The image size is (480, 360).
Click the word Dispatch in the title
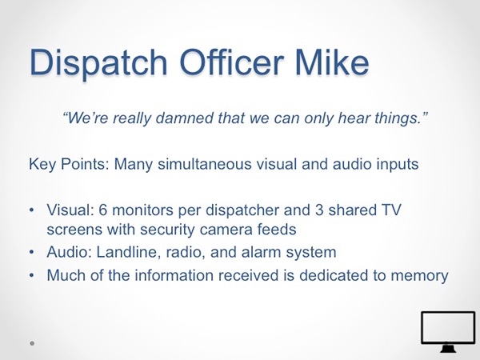click(98, 63)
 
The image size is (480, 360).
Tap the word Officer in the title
click(231, 62)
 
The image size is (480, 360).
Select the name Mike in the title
click(332, 62)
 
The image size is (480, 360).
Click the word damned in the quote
click(182, 118)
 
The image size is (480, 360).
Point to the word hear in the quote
click(351, 118)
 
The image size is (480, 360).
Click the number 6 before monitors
click(103, 210)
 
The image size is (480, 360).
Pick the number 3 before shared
click(319, 210)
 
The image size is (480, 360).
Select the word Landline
click(128, 252)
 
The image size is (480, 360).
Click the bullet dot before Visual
click(31, 210)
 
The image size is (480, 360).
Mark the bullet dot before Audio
click(31, 253)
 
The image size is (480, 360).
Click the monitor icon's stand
click(447, 348)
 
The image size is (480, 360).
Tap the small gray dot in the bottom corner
click(32, 343)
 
